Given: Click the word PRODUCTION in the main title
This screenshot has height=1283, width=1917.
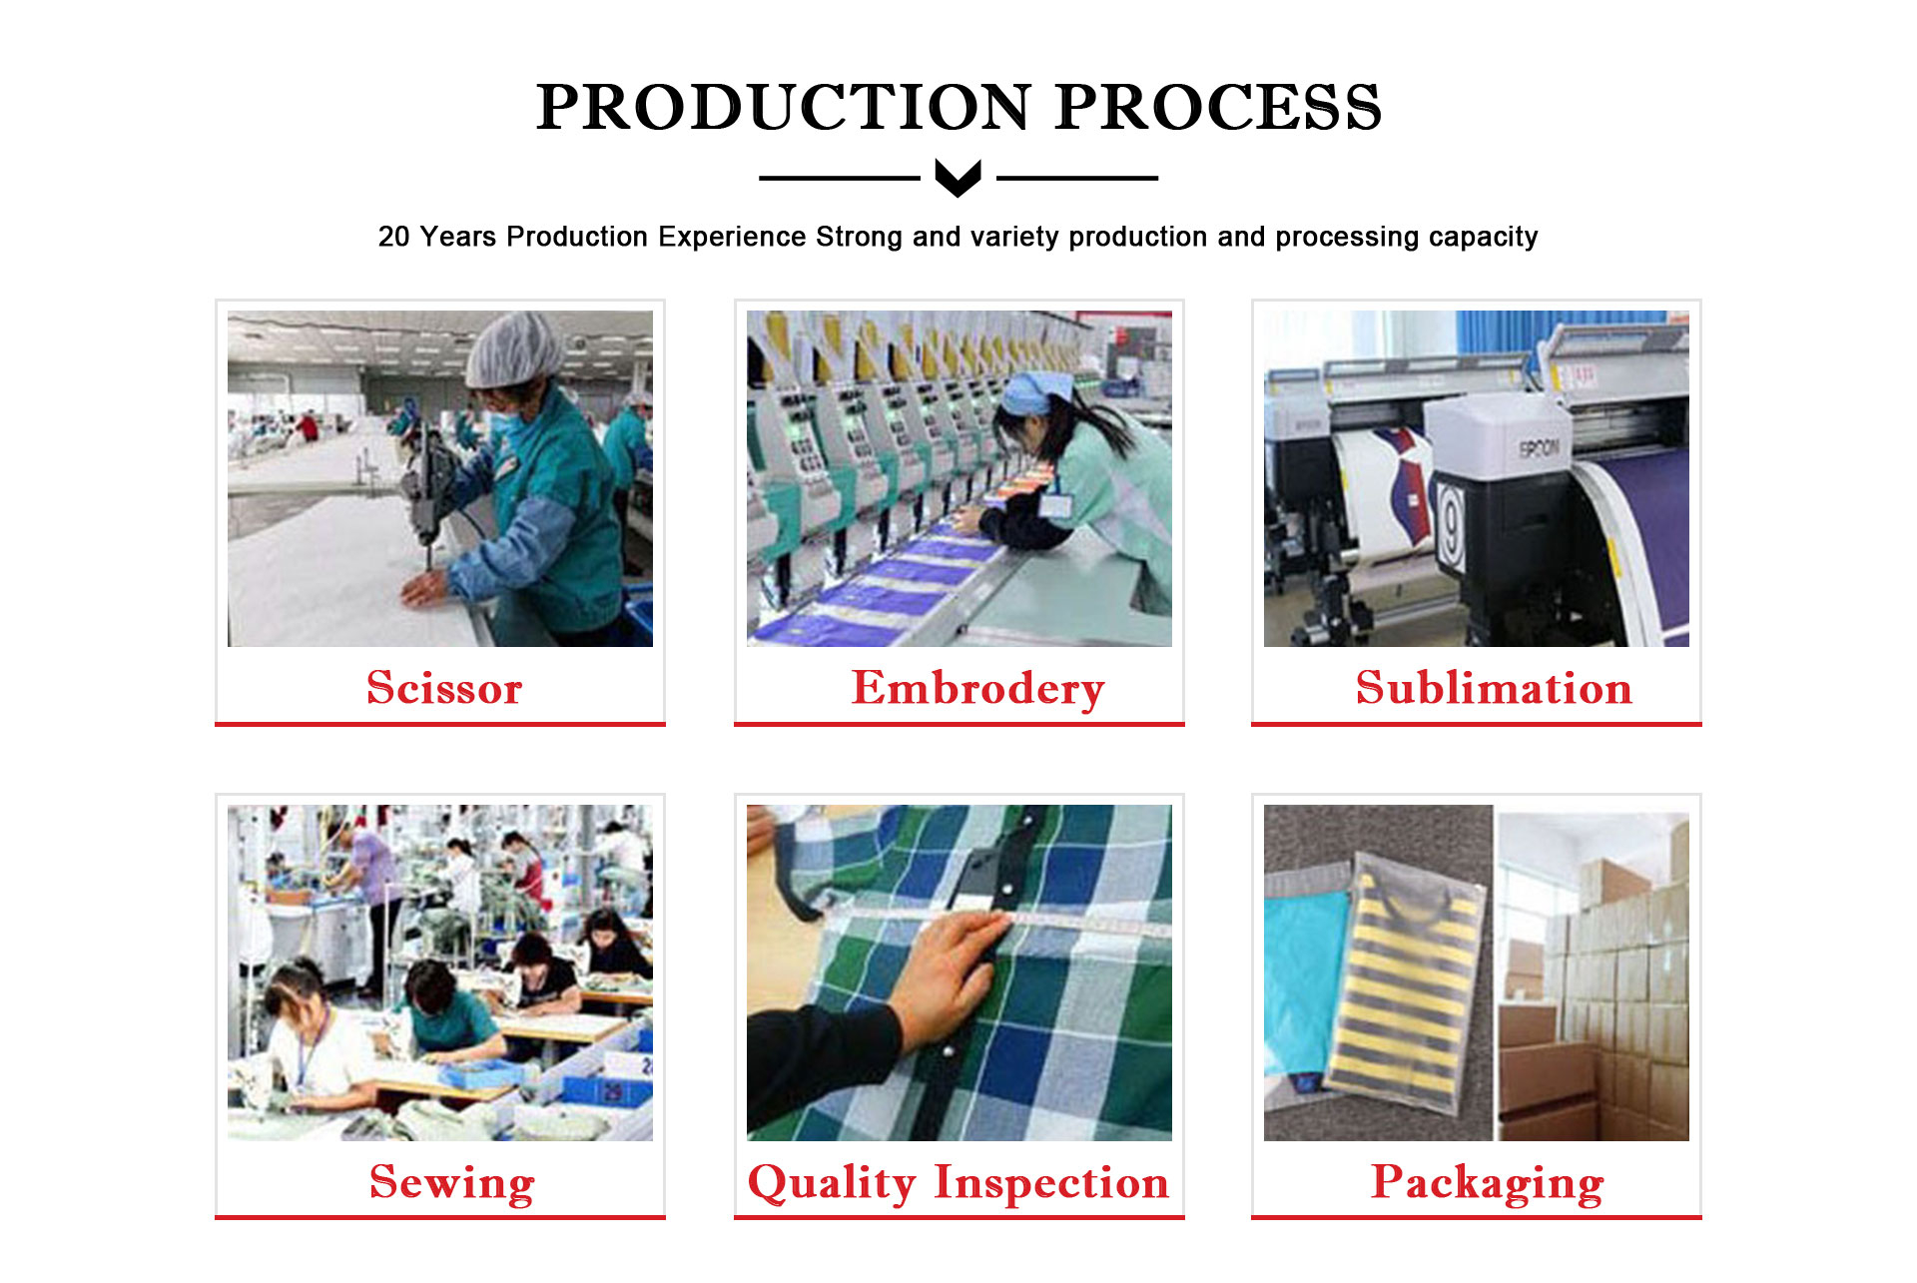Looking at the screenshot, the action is coord(784,107).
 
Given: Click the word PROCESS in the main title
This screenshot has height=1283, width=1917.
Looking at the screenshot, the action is coord(1218,107).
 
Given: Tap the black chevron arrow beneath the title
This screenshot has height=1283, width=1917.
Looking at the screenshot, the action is coord(958,178).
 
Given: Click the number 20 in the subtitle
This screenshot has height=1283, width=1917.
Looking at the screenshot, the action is coord(393,237).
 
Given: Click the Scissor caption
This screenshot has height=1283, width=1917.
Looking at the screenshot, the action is coord(444,688).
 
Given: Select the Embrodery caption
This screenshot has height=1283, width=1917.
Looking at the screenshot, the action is coord(977,689).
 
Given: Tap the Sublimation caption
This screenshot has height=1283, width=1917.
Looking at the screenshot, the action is coord(1494,688).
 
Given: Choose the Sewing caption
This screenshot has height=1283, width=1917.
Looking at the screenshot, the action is coord(452,1183).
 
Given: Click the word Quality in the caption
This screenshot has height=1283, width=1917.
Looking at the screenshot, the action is coord(832,1183).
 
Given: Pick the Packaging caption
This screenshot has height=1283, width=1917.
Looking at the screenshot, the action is coord(1488,1183).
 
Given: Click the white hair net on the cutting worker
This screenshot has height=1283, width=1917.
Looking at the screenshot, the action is coord(513,349).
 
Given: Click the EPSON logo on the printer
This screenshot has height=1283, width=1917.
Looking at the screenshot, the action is coord(1539,448).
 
